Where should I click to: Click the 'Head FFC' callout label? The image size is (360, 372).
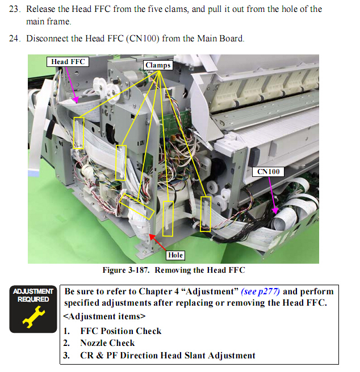point(68,62)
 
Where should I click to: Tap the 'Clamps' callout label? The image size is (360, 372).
point(158,65)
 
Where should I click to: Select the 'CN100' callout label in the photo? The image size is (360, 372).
point(268,171)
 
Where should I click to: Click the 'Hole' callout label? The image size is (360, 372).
point(175,255)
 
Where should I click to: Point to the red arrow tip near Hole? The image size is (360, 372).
point(149,235)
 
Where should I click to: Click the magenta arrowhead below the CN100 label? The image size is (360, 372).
point(275,210)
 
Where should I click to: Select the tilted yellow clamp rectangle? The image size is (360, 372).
point(137,206)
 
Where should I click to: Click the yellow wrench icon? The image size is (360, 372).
point(34,317)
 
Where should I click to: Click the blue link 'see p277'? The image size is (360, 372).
point(260,291)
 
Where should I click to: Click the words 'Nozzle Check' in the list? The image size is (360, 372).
point(107,343)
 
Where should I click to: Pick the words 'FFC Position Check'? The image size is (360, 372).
point(121,331)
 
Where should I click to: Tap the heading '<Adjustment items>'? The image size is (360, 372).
point(104,316)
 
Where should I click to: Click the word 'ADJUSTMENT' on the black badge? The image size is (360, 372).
point(34,291)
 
